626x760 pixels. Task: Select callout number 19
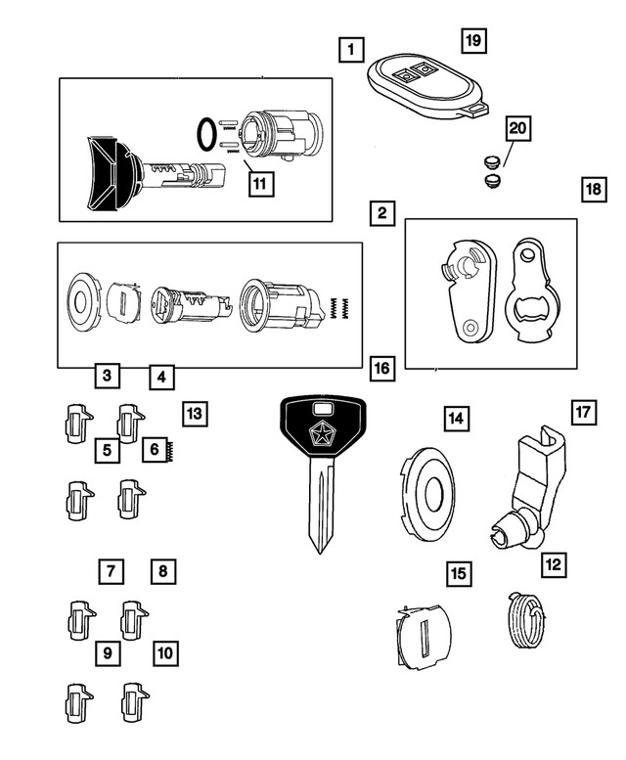tap(473, 40)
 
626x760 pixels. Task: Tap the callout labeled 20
tap(517, 128)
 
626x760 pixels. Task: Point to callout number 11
tap(257, 183)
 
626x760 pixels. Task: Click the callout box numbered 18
tap(593, 189)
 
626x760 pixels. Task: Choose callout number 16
tap(381, 369)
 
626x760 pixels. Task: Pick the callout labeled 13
tap(194, 414)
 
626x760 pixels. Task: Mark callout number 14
tap(455, 419)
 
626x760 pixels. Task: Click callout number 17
tap(583, 412)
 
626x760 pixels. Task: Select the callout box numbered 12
tap(554, 563)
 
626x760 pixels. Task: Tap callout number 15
tap(457, 573)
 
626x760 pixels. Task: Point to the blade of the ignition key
tap(322, 509)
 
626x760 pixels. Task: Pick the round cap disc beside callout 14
tap(428, 488)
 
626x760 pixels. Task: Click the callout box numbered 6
tap(154, 450)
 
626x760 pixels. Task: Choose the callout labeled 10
tap(165, 650)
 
